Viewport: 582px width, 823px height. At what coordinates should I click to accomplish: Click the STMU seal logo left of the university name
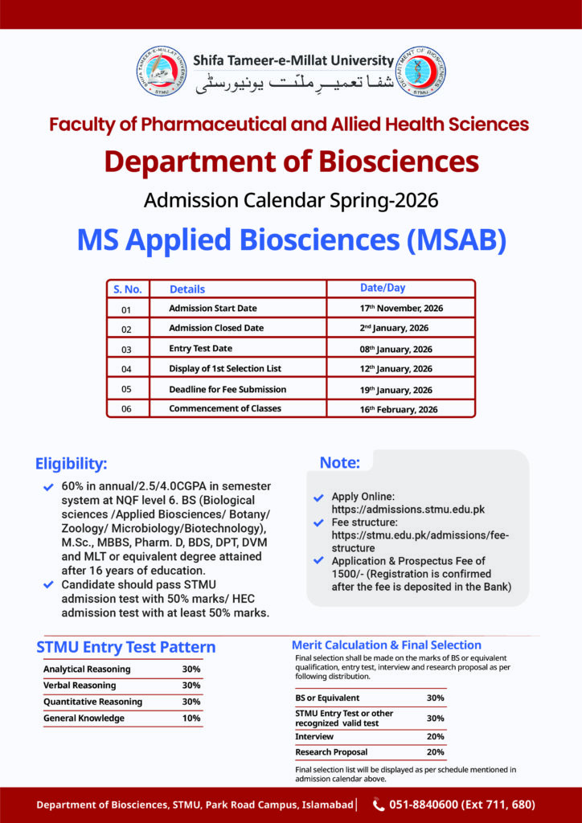(162, 72)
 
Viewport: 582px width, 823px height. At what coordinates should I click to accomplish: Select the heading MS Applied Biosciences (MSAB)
(291, 240)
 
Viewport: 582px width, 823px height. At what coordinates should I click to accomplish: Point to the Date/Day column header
(382, 289)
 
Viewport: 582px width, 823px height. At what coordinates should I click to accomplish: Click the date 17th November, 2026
(401, 309)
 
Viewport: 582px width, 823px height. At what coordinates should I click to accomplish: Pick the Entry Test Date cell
(200, 349)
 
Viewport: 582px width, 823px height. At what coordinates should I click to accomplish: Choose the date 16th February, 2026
(399, 409)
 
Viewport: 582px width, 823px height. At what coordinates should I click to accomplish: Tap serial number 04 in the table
(126, 370)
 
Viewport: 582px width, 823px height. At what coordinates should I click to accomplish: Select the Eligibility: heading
(71, 464)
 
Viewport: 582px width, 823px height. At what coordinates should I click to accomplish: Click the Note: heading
(340, 462)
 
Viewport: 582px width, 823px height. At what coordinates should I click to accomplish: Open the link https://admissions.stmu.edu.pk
(408, 510)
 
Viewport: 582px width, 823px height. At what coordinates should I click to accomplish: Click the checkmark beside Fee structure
(319, 522)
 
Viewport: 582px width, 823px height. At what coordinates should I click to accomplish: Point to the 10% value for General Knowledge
(191, 719)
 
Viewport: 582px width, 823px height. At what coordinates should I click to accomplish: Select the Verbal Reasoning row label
(80, 686)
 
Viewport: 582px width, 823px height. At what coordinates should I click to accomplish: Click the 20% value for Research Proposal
(435, 752)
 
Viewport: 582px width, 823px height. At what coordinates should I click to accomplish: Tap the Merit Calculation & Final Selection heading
(386, 645)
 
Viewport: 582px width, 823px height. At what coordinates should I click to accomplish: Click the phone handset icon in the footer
(378, 805)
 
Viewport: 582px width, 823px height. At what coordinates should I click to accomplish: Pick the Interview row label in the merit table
(309, 737)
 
